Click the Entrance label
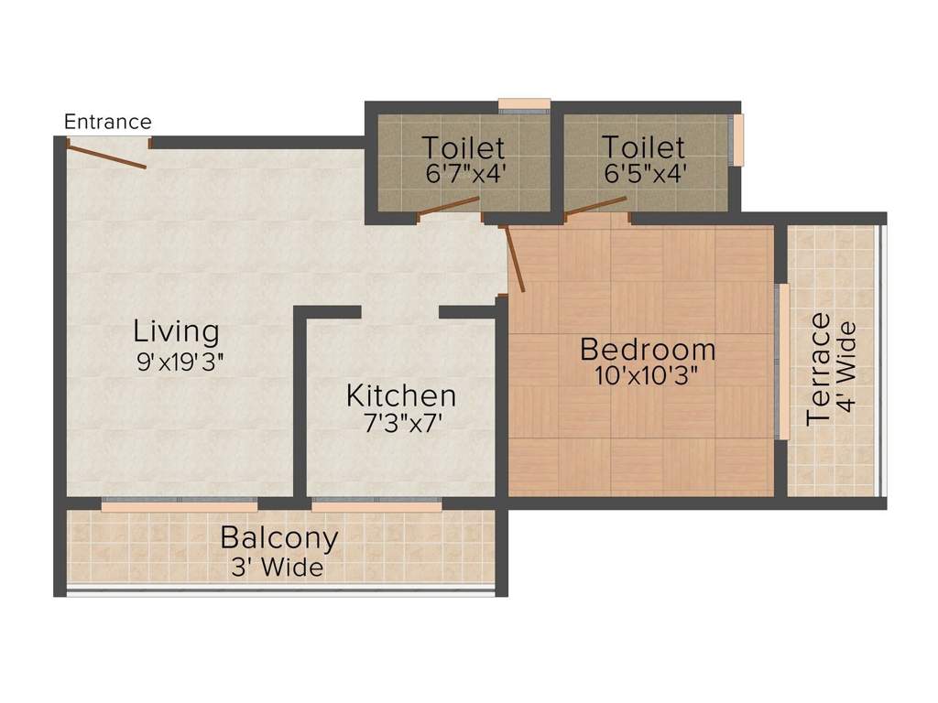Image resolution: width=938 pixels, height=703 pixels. [108, 122]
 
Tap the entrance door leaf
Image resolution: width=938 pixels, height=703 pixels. [107, 156]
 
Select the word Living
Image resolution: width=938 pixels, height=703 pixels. [177, 330]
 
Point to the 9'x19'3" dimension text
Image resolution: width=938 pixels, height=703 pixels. [180, 361]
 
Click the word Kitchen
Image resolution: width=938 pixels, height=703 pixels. [401, 396]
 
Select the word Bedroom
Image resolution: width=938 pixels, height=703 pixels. [649, 350]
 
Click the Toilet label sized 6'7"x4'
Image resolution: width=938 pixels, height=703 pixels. [463, 147]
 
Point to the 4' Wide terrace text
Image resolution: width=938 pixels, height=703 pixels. [847, 366]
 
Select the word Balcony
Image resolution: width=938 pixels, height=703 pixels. [279, 538]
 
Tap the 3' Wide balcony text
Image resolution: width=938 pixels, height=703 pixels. [277, 568]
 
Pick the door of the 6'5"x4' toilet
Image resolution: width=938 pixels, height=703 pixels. [596, 206]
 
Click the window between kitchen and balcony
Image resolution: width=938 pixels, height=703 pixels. [376, 502]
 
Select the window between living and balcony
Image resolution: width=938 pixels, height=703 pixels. [180, 502]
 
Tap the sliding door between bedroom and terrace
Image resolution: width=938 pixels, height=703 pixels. [782, 361]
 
